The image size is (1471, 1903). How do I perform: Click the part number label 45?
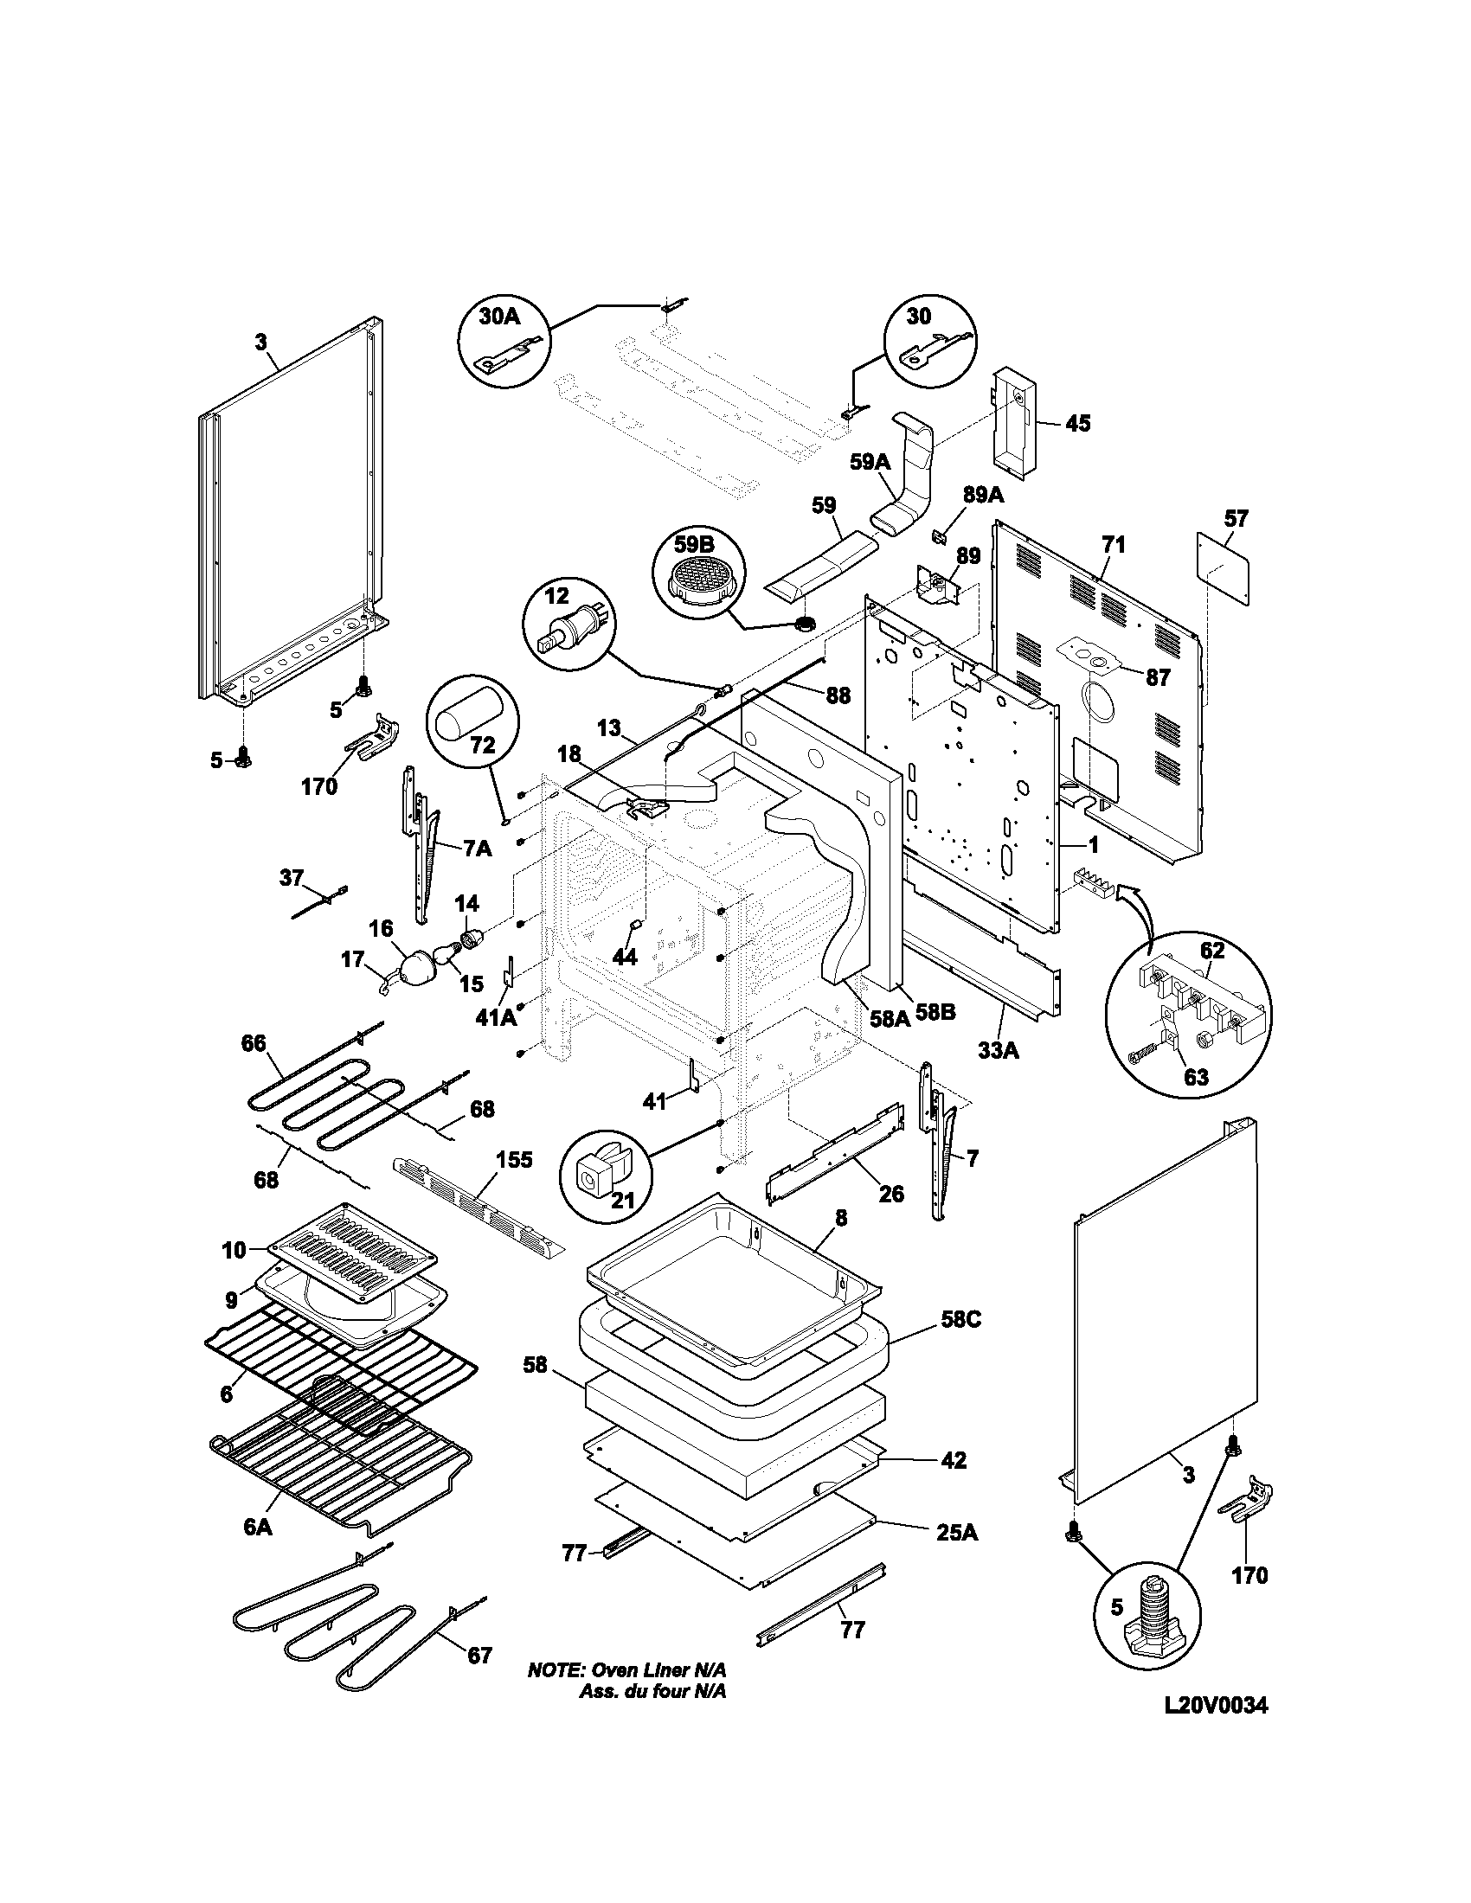pyautogui.click(x=1078, y=424)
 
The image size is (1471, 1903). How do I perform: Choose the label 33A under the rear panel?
pyautogui.click(x=998, y=1051)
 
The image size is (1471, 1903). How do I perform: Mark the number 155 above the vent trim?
pyautogui.click(x=514, y=1160)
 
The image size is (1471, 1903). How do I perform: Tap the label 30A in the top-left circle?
pyautogui.click(x=499, y=317)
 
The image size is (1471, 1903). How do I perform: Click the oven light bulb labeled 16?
pyautogui.click(x=416, y=967)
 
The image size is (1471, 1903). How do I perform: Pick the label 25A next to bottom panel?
pyautogui.click(x=956, y=1532)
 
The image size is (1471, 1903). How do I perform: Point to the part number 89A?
pyautogui.click(x=983, y=496)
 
